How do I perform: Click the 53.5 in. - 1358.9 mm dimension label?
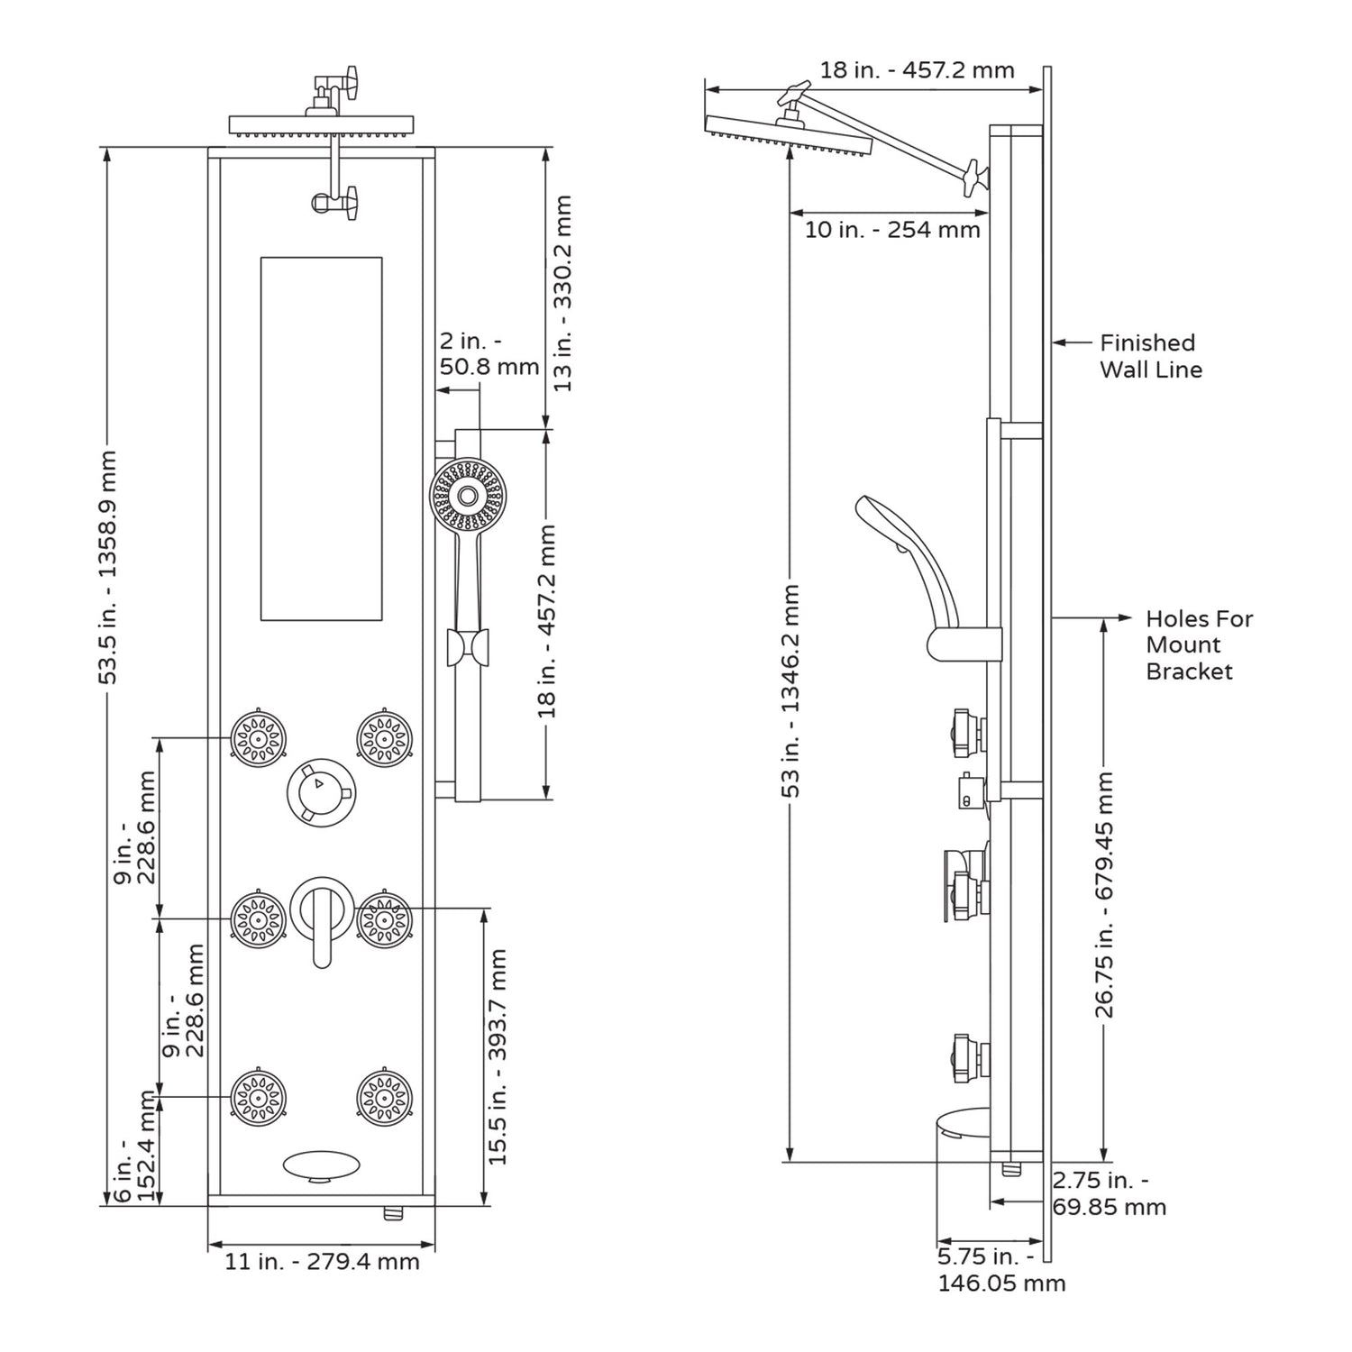108,568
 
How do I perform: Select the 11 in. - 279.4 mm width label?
322,1261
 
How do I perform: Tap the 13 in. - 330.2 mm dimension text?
562,293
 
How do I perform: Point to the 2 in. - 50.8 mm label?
488,354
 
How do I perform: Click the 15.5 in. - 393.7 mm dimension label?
498,1056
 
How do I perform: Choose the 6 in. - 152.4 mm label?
135,1146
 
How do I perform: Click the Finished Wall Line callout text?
1150,356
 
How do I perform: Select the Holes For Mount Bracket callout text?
1198,644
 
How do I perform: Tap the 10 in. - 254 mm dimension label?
891,230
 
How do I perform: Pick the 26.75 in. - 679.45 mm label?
1105,894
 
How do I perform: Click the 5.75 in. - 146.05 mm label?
1000,1269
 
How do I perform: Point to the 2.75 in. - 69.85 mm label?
1109,1193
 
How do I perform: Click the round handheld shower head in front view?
467,495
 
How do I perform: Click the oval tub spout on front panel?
320,1165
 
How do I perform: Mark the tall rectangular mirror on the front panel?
321,438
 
